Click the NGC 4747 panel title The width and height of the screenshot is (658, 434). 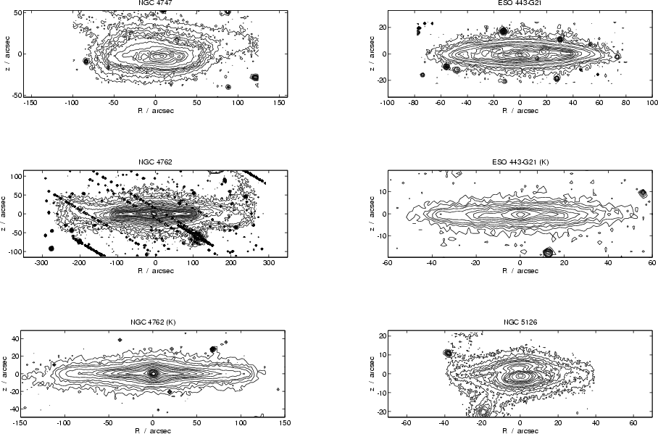point(155,4)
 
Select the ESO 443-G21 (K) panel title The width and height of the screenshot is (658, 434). point(520,162)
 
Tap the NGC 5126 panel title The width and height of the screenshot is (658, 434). point(520,321)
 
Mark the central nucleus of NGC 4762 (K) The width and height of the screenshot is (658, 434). point(153,373)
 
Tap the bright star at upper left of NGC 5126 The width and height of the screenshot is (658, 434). point(448,353)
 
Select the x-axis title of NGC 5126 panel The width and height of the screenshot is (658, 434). point(520,429)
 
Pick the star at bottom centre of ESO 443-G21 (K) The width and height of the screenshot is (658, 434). point(548,252)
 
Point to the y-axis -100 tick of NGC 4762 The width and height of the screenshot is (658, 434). point(14,251)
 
